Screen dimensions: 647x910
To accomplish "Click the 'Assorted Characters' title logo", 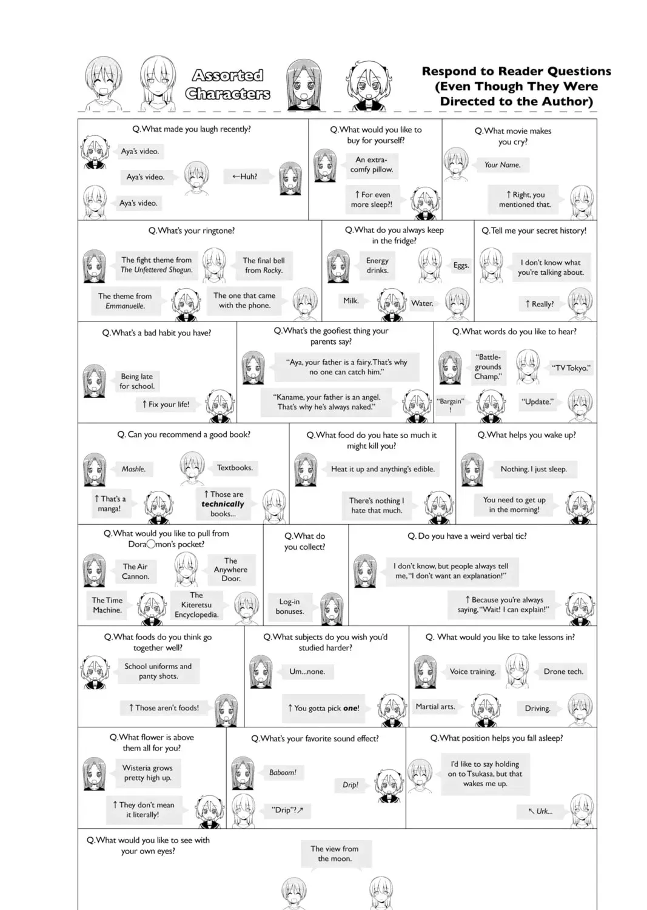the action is tap(227, 84).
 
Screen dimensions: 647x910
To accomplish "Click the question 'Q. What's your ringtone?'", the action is tap(191, 231).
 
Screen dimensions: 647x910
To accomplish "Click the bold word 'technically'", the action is tap(223, 504).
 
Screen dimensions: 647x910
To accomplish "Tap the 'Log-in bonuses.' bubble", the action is tap(289, 607).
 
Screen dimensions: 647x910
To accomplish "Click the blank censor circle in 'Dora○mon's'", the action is tap(150, 544).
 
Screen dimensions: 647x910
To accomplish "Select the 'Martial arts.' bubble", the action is tap(435, 707).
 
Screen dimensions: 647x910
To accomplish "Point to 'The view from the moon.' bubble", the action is tap(335, 854).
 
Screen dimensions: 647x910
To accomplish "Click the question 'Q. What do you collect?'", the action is tap(304, 542).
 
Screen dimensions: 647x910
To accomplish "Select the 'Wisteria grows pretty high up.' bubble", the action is tap(147, 773).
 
